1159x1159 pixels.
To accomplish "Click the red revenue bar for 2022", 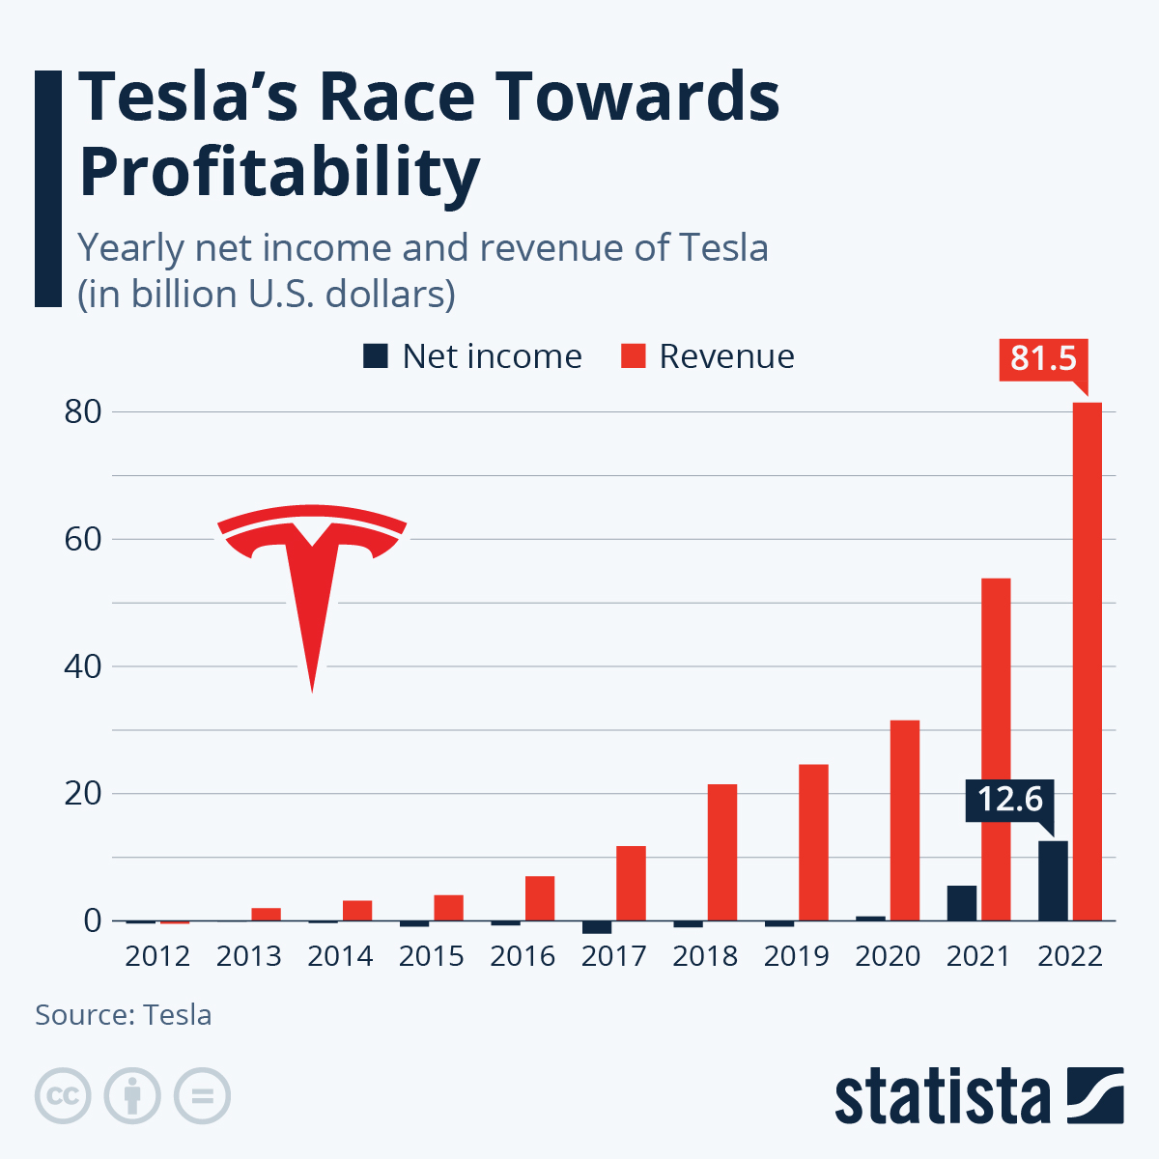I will tap(1087, 662).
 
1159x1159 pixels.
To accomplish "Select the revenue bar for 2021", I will tap(996, 749).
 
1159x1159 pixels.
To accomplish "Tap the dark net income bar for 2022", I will tap(1053, 881).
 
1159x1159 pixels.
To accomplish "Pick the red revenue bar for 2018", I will tap(722, 852).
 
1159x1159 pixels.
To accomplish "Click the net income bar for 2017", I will tap(597, 927).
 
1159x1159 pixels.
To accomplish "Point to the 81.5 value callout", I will tap(1043, 358).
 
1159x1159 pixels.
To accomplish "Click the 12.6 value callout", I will tap(1009, 800).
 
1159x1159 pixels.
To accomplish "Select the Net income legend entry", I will tap(472, 356).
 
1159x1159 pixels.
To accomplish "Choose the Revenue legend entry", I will tap(708, 356).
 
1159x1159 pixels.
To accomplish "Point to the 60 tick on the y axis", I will tap(83, 539).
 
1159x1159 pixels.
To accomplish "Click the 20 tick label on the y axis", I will tap(83, 794).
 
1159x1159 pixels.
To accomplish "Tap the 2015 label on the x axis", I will tap(432, 956).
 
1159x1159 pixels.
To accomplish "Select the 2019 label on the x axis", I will tap(797, 956).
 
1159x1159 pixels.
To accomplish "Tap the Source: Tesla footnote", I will tap(124, 1015).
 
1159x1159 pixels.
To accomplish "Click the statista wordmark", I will tap(943, 1097).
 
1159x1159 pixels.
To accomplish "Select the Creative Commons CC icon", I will tap(63, 1096).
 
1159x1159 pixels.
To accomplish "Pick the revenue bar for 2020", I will tap(905, 820).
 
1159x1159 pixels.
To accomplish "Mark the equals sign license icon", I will tap(203, 1096).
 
